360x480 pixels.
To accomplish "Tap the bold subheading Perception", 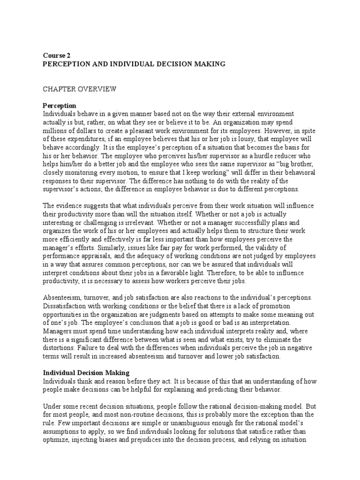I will click(x=60, y=105).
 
